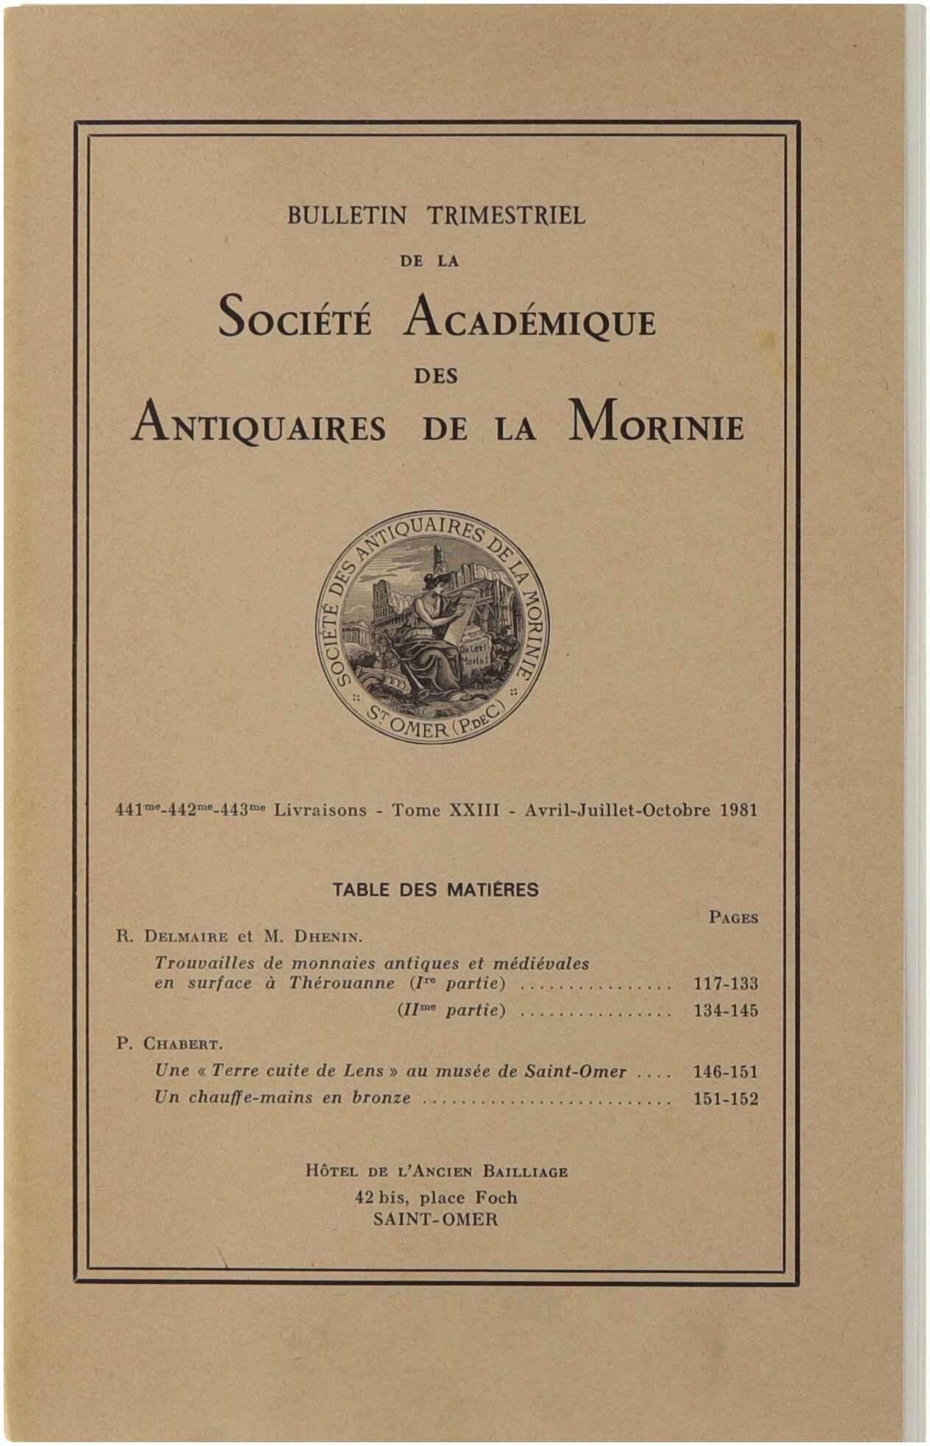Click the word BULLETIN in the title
click(x=346, y=216)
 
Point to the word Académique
click(x=529, y=319)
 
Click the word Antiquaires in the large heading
click(x=258, y=425)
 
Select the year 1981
click(x=739, y=811)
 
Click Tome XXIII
click(x=445, y=811)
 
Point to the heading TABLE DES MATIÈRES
click(x=435, y=889)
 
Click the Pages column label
click(x=733, y=917)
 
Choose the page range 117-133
click(x=725, y=984)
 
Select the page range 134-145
click(x=725, y=1010)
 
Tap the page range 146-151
click(x=725, y=1072)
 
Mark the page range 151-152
click(x=725, y=1098)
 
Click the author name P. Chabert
click(x=169, y=1044)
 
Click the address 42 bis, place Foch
click(x=436, y=1198)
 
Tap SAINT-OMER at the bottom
click(x=435, y=1219)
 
